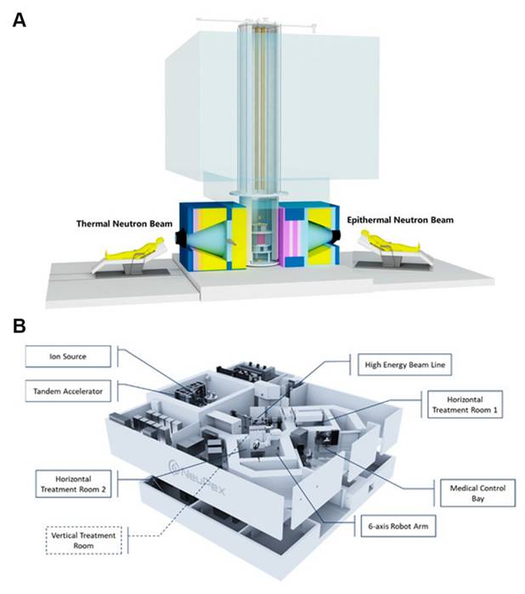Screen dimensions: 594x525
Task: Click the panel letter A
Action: coord(19,18)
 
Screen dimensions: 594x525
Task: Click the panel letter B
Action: coord(19,326)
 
